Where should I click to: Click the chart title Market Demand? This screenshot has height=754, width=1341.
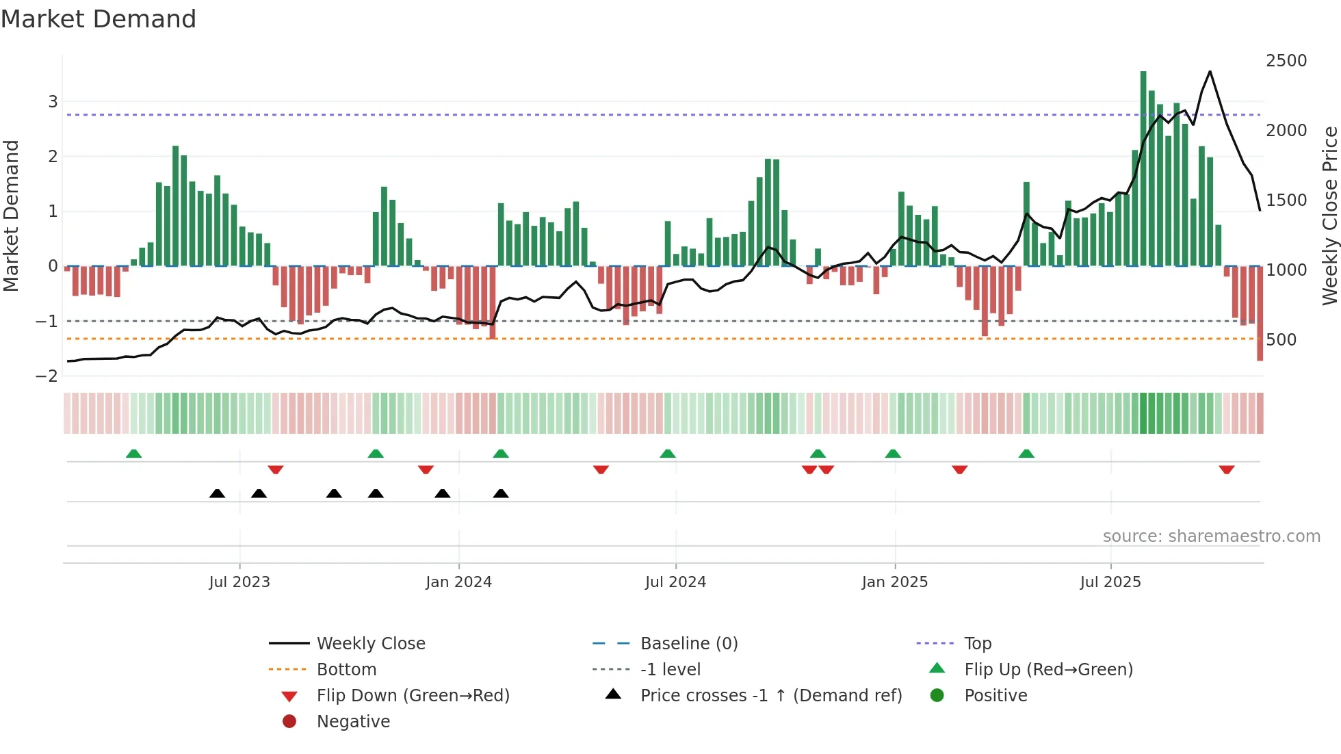pos(99,19)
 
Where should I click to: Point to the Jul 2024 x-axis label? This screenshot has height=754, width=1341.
pos(675,582)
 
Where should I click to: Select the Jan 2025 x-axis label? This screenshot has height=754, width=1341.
pos(894,582)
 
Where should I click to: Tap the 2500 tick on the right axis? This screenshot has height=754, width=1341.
pos(1286,61)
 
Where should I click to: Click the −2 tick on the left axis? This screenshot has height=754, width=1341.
pos(47,376)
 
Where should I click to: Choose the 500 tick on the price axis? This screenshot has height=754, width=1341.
pos(1281,340)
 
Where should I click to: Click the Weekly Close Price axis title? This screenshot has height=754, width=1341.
pos(1329,216)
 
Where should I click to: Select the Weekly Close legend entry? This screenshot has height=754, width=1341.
pos(370,644)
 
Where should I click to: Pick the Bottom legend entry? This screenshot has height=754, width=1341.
pos(346,670)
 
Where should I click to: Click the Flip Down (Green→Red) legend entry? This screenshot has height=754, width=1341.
pos(413,696)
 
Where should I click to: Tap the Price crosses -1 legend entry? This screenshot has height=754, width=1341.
pos(770,696)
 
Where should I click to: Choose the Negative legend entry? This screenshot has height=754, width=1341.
pos(353,722)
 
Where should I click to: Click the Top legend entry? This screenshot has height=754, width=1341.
pos(977,644)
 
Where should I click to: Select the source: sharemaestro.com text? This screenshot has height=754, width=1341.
pos(1211,536)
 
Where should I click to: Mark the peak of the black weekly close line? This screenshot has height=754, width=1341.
pos(1210,71)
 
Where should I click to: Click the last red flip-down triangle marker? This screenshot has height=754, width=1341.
pos(1226,469)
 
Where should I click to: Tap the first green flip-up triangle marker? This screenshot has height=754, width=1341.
pos(133,454)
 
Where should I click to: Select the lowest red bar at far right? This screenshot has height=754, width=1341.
pos(1260,315)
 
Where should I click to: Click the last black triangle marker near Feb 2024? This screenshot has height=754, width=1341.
pos(501,493)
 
